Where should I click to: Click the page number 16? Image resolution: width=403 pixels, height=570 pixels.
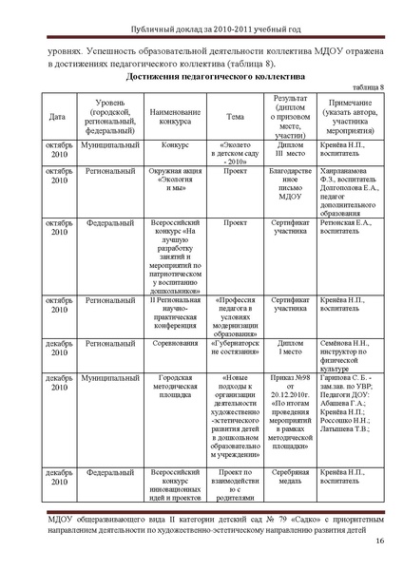point(378,541)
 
